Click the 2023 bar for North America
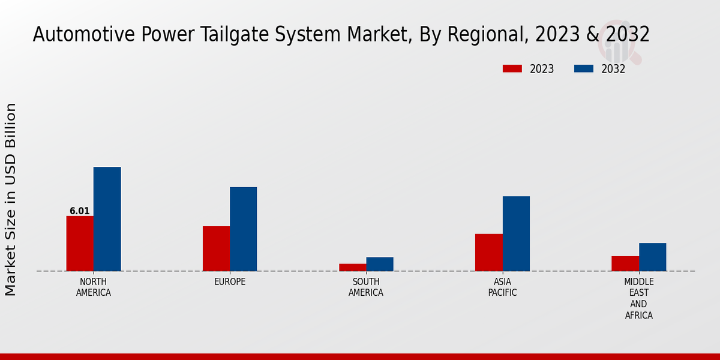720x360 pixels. [80, 243]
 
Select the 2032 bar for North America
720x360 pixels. [107, 218]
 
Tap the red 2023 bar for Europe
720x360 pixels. [216, 248]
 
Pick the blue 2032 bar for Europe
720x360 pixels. [243, 229]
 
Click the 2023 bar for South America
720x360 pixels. [352, 267]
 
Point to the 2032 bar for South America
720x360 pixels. [380, 264]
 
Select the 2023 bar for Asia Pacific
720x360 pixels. [488, 252]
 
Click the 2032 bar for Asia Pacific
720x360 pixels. [516, 233]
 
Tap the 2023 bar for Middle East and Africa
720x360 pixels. [625, 263]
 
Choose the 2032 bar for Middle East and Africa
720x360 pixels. [652, 257]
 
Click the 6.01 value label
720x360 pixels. [80, 211]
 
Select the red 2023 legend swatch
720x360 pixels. [512, 68]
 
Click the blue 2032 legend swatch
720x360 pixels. [584, 68]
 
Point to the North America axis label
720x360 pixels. [94, 287]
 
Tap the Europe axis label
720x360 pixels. [230, 282]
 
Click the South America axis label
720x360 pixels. [366, 287]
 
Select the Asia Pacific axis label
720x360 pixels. [502, 287]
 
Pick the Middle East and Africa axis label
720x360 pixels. [639, 298]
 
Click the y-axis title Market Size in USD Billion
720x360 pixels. [11, 199]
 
